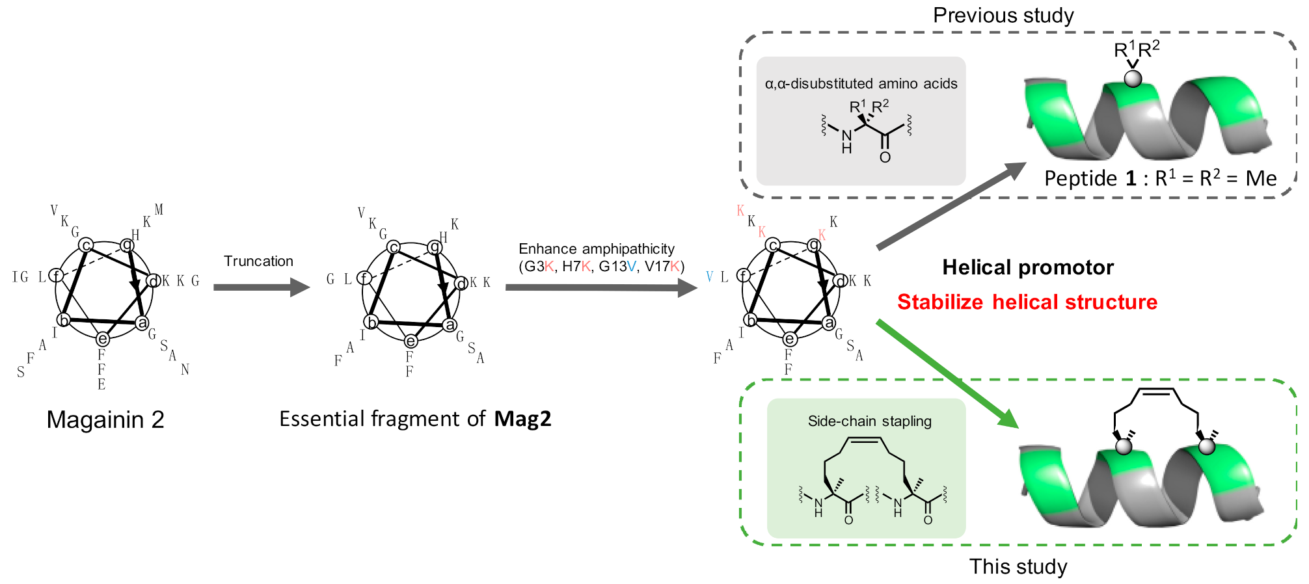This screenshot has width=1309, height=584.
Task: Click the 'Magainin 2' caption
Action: click(x=105, y=420)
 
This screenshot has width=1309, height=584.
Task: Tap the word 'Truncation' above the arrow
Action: click(x=258, y=261)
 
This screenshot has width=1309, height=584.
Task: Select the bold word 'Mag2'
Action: click(x=522, y=419)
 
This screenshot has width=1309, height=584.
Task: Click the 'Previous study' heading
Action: click(x=1003, y=15)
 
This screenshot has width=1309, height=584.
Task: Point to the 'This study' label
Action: click(x=1018, y=566)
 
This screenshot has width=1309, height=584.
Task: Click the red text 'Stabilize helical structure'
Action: click(x=1027, y=302)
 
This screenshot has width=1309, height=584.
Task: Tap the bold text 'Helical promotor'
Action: click(x=1027, y=267)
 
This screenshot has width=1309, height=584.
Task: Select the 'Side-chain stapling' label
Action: click(x=869, y=421)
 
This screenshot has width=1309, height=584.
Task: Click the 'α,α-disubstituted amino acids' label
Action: click(x=861, y=84)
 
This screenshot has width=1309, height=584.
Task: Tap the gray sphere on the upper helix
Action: click(x=1133, y=79)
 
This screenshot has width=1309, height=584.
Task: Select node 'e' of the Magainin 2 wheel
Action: click(x=102, y=339)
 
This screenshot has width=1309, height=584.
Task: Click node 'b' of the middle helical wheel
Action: click(x=371, y=322)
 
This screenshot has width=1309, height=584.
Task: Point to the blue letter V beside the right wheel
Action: click(x=709, y=277)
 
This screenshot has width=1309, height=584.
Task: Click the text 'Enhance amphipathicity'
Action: click(x=596, y=249)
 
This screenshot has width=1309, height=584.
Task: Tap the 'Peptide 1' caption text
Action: click(x=1090, y=178)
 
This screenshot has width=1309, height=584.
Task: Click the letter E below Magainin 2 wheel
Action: click(x=101, y=384)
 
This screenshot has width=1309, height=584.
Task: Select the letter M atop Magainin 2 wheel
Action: click(x=159, y=209)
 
